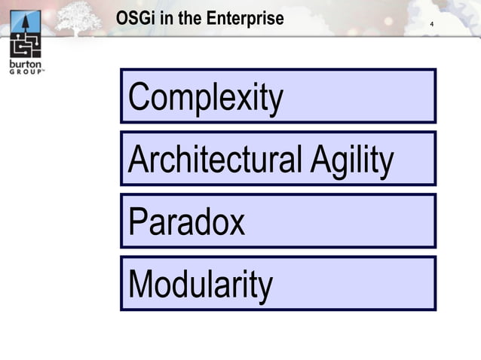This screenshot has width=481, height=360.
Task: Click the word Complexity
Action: pyautogui.click(x=206, y=97)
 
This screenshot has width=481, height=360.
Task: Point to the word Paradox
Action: pyautogui.click(x=187, y=222)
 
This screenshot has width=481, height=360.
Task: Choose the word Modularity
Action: pyautogui.click(x=201, y=285)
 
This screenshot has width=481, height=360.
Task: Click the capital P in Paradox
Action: pyautogui.click(x=137, y=222)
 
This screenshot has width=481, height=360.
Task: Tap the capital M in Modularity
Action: pyautogui.click(x=142, y=285)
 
